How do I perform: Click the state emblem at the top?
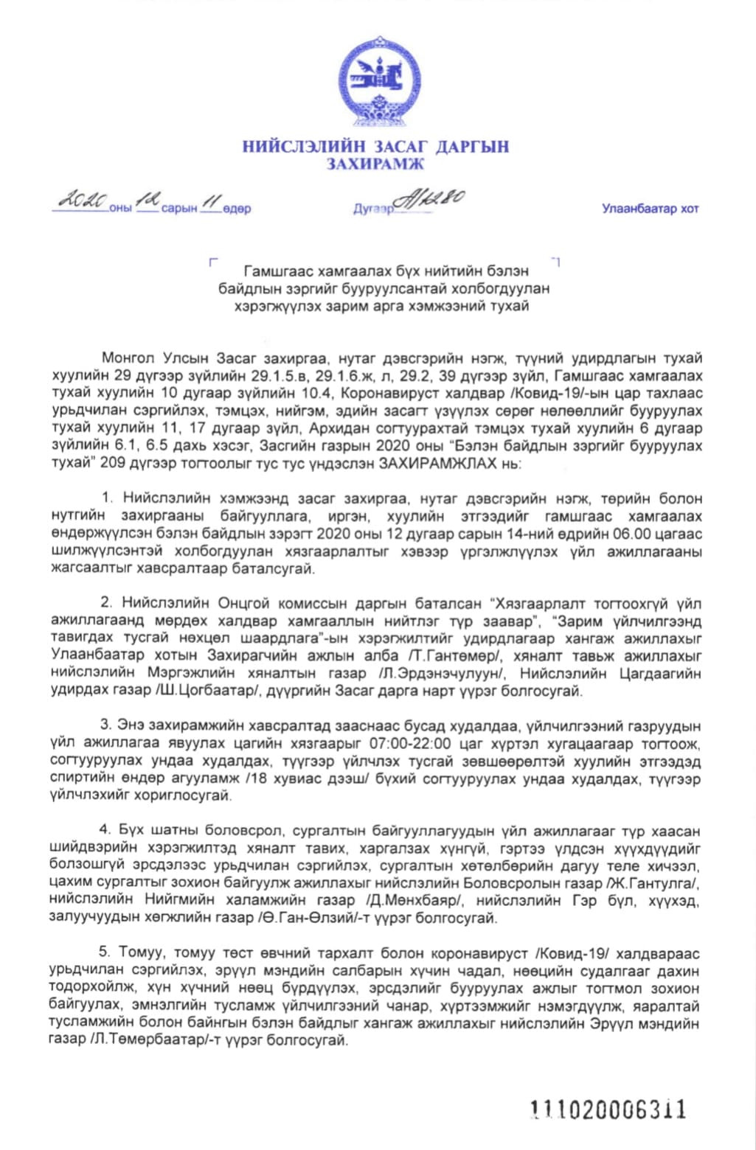pyautogui.click(x=378, y=81)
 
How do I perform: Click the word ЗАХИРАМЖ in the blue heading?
pyautogui.click(x=376, y=164)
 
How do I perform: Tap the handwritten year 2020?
pyautogui.click(x=84, y=199)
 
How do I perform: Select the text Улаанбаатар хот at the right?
pyautogui.click(x=650, y=209)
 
